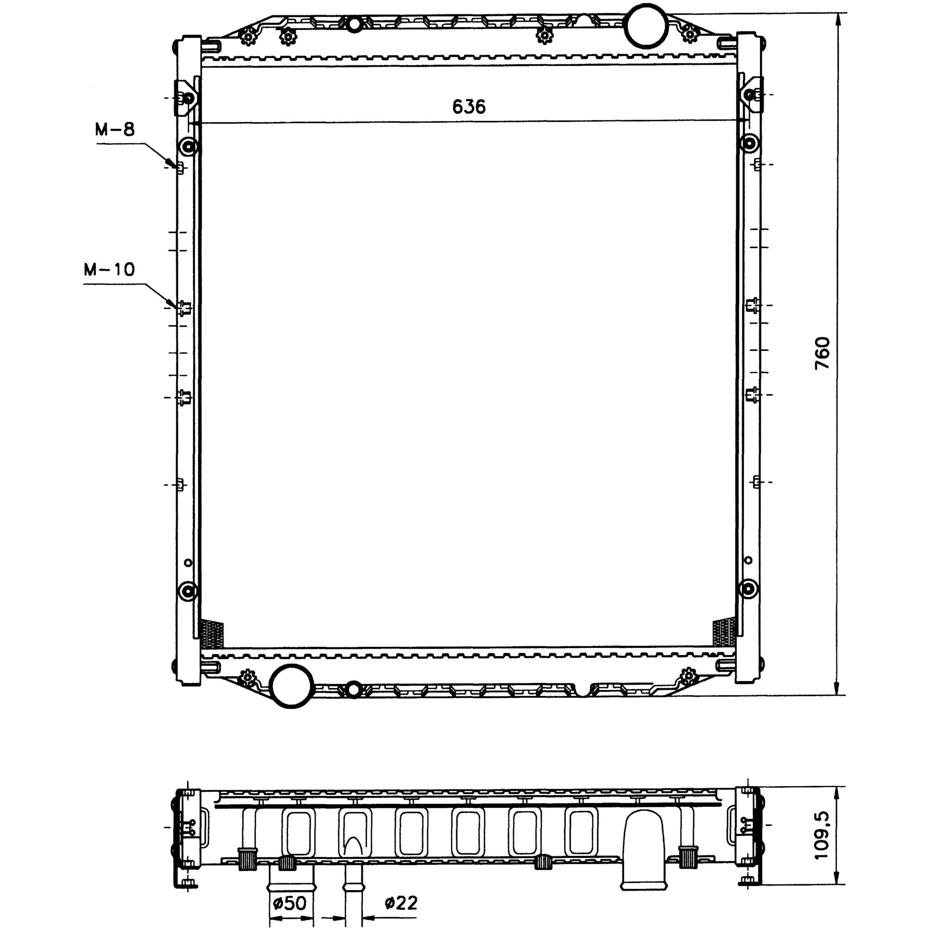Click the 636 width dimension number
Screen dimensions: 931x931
pyautogui.click(x=469, y=106)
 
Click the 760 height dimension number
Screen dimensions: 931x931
pyautogui.click(x=823, y=353)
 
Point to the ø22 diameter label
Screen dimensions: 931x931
pyautogui.click(x=401, y=903)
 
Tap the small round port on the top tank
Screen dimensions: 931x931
pyautogui.click(x=354, y=24)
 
